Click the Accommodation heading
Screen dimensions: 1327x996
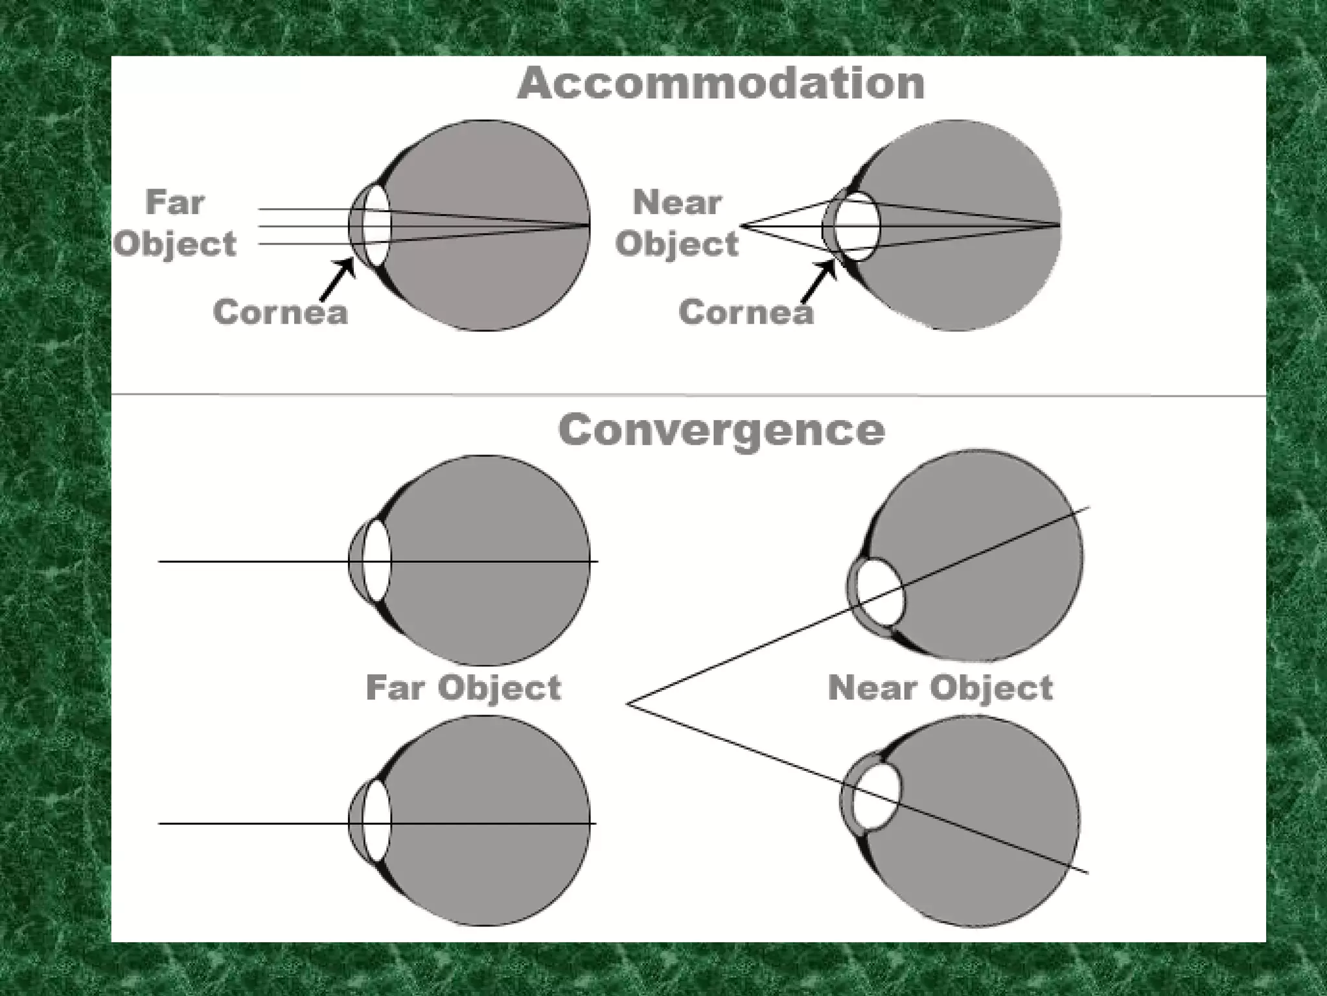[721, 84]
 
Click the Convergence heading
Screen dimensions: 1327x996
[721, 431]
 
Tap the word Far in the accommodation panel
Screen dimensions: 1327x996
[175, 202]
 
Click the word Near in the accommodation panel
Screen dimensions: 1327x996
[677, 202]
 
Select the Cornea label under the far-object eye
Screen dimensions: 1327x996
[280, 312]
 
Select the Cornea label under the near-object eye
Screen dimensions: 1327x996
[746, 312]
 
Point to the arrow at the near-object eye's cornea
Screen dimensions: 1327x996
[818, 282]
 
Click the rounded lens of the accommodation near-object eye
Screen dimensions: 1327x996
[857, 226]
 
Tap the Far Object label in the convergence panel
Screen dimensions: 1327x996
[463, 688]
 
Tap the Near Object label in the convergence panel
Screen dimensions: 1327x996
[940, 688]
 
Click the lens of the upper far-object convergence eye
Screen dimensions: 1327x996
[376, 561]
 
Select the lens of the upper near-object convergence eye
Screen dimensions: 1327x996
[881, 593]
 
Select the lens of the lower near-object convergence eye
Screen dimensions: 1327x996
[877, 796]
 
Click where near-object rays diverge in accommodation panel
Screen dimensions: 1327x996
[742, 226]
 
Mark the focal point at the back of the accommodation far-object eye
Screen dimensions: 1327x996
[588, 226]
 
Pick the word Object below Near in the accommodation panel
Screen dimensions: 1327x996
[677, 244]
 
